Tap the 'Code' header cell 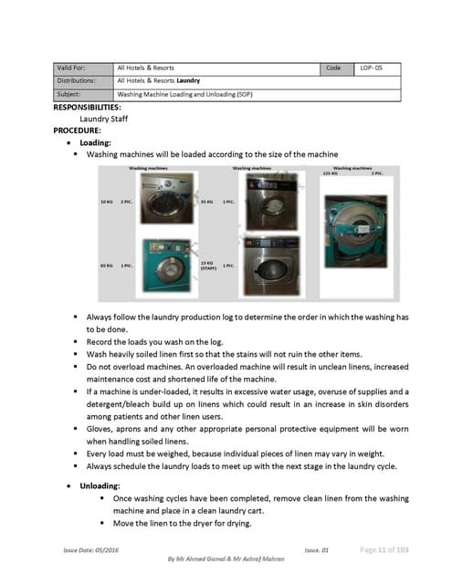332,68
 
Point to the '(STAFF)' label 207,269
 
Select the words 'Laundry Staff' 104,119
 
